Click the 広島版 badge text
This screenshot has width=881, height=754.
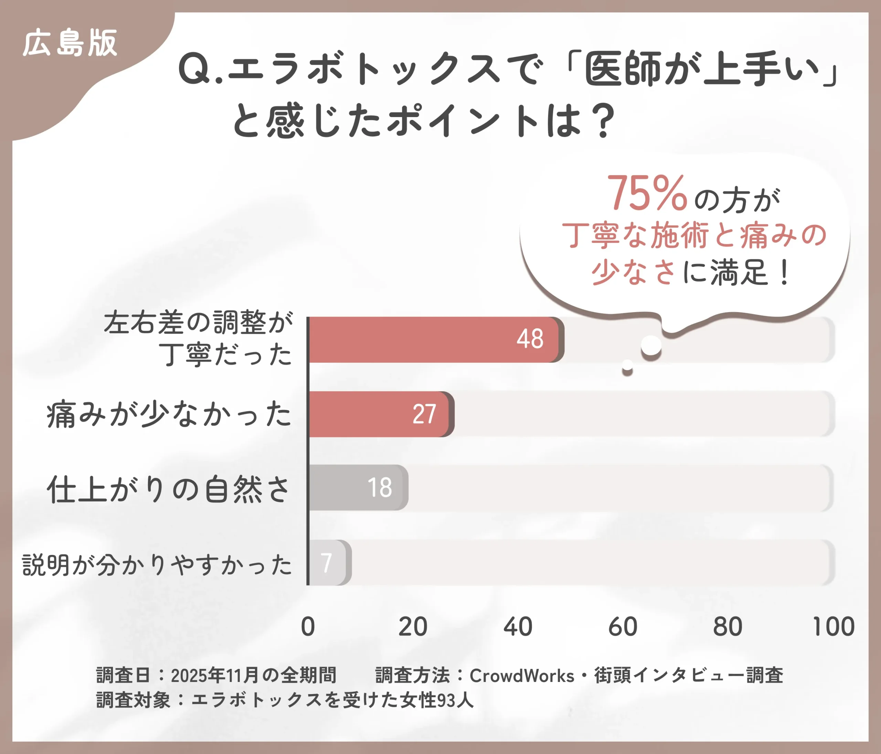point(70,43)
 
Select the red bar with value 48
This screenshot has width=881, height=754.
point(434,339)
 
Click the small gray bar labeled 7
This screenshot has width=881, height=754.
point(328,562)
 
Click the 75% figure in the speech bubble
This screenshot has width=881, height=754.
point(647,194)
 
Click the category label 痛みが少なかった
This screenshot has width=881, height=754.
point(169,414)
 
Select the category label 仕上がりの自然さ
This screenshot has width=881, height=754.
point(169,489)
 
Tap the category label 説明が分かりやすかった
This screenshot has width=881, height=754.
point(157,564)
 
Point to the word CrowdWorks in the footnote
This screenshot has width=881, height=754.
point(522,675)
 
